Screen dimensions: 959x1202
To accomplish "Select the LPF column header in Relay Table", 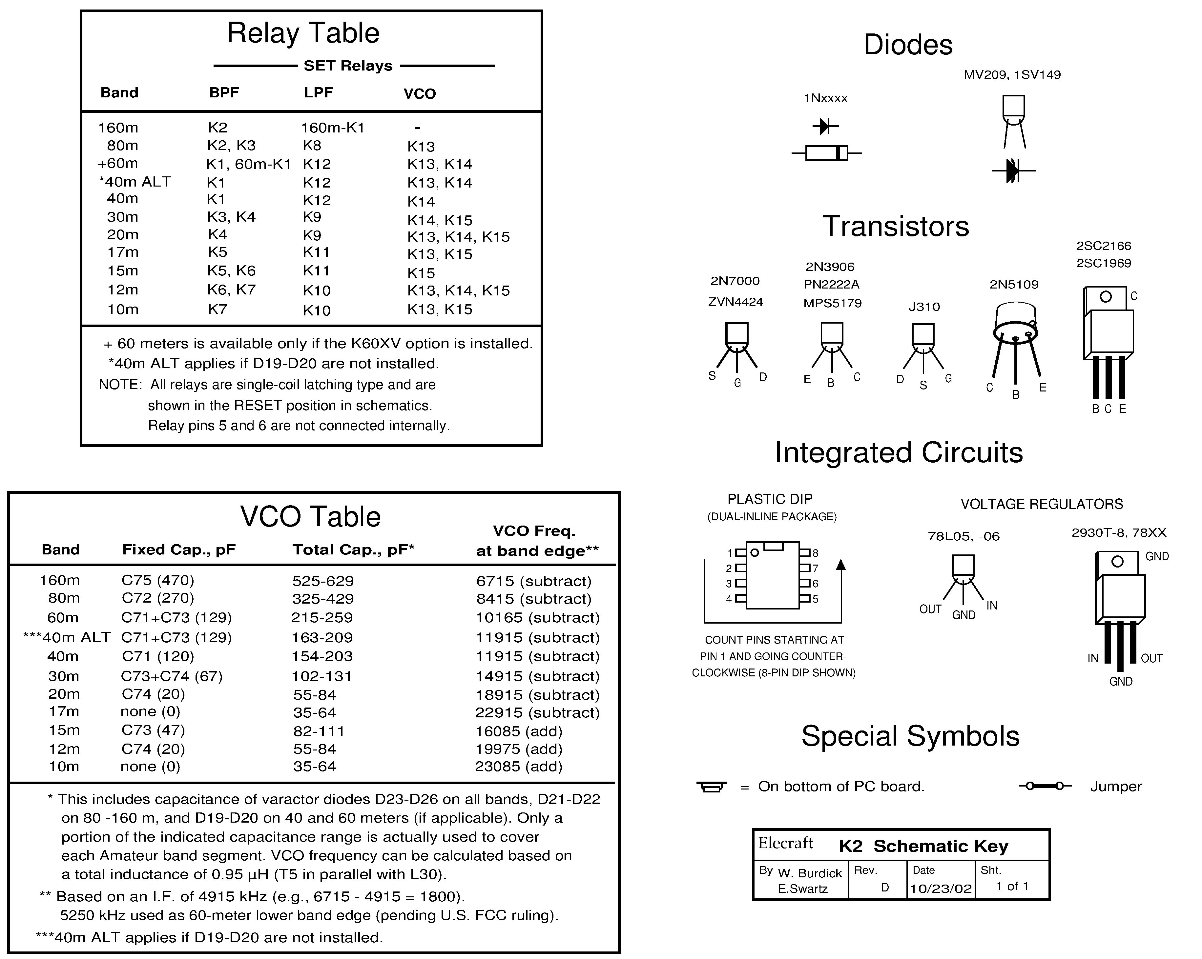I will click(x=318, y=92).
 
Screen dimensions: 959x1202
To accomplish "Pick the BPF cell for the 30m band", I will click(x=231, y=217).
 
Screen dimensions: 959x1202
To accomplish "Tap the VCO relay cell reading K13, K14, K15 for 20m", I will click(x=458, y=237).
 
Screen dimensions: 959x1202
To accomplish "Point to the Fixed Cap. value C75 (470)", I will click(x=158, y=581).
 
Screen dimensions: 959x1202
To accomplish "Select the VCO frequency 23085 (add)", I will click(x=518, y=767).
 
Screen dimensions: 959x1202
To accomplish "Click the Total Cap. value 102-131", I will click(x=322, y=676).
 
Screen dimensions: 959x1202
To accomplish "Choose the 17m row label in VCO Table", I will click(x=64, y=711).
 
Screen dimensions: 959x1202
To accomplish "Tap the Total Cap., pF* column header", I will click(x=353, y=550).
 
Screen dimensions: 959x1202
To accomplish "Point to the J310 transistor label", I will click(x=924, y=307).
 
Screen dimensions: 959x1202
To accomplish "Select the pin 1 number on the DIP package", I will click(x=729, y=553).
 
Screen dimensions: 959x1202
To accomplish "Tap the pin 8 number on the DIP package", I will click(x=815, y=553).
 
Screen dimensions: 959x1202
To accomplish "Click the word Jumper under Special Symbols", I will click(x=1116, y=787).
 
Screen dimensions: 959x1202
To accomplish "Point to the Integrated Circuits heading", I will click(x=898, y=452).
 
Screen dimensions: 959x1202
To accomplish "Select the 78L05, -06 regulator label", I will click(x=964, y=537).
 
